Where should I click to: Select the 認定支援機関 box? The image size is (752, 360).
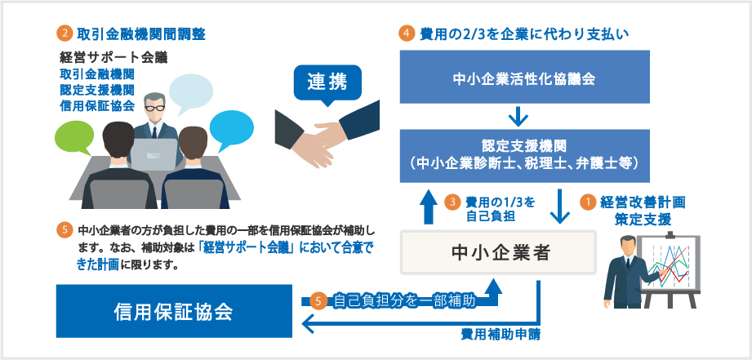coord(524,155)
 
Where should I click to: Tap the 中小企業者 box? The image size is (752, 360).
coord(498,252)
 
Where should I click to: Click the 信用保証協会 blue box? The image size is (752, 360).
coord(173,311)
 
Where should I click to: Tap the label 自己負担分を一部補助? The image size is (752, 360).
coord(403,300)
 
